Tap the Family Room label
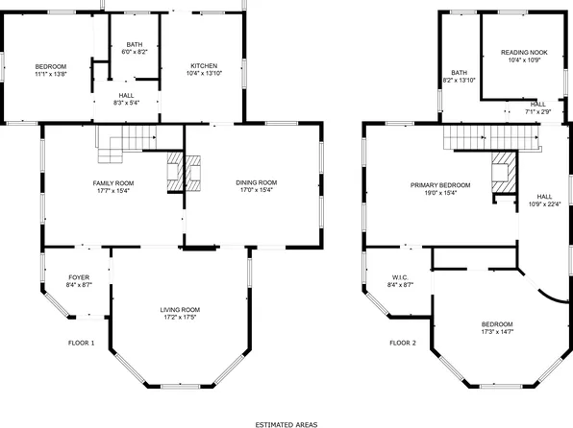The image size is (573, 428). (112, 182)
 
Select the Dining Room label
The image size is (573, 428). (256, 182)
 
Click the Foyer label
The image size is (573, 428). (79, 277)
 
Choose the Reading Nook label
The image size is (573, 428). (524, 53)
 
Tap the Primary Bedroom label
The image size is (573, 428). (440, 184)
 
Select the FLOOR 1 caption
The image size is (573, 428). (81, 343)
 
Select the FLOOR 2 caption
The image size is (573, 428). (403, 343)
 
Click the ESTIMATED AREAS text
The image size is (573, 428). (286, 422)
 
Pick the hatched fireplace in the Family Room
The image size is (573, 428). (174, 170)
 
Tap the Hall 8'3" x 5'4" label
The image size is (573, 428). (127, 99)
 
